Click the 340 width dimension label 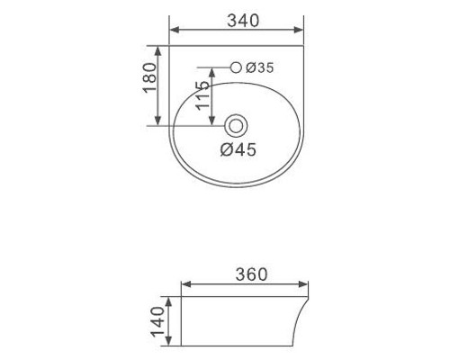(x=243, y=21)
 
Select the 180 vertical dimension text (x=149, y=77)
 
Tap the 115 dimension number (x=202, y=95)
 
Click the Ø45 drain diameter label (x=238, y=149)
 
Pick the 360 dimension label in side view (x=251, y=274)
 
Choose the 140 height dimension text (x=157, y=321)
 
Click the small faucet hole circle (x=236, y=67)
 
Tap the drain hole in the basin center (x=236, y=126)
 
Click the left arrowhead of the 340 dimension (x=175, y=30)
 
